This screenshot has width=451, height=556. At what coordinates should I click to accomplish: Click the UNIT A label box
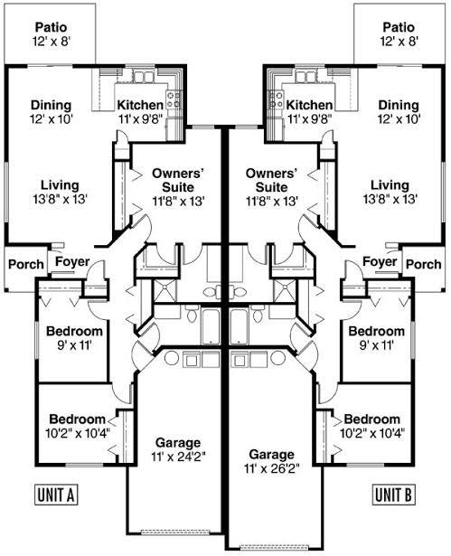pyautogui.click(x=56, y=495)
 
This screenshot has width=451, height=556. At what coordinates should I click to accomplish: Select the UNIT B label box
pyautogui.click(x=394, y=495)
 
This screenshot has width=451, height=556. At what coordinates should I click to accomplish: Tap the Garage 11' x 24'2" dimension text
pyautogui.click(x=178, y=457)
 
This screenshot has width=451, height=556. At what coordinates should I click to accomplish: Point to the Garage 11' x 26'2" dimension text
pyautogui.click(x=271, y=469)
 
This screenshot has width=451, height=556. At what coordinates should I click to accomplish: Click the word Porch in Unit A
pyautogui.click(x=26, y=264)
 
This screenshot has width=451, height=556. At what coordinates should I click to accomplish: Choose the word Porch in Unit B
pyautogui.click(x=424, y=264)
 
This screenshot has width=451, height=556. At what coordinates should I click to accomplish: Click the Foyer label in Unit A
pyautogui.click(x=72, y=261)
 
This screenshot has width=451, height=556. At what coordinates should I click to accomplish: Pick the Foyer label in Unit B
pyautogui.click(x=380, y=261)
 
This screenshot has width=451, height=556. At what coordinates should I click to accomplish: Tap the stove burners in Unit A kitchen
pyautogui.click(x=173, y=99)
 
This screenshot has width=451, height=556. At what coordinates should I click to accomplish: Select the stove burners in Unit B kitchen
pyautogui.click(x=277, y=99)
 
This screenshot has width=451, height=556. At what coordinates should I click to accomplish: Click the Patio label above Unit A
pyautogui.click(x=52, y=27)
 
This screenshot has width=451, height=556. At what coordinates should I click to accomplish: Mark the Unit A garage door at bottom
pyautogui.click(x=174, y=532)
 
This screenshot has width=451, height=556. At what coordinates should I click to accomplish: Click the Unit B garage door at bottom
pyautogui.click(x=274, y=547)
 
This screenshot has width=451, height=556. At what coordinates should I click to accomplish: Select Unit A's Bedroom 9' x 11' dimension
pyautogui.click(x=74, y=345)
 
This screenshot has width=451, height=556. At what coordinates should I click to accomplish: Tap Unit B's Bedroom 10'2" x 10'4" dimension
pyautogui.click(x=372, y=433)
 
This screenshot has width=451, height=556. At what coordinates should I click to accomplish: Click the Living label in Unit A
pyautogui.click(x=60, y=185)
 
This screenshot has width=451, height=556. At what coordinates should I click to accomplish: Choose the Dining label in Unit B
pyautogui.click(x=399, y=105)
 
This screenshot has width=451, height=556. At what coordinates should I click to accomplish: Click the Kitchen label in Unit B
pyautogui.click(x=309, y=105)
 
